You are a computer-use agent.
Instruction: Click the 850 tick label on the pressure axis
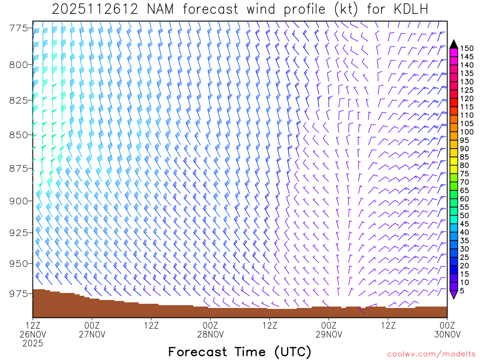pyautogui.click(x=18, y=135)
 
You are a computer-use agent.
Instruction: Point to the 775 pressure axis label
pyautogui.click(x=18, y=28)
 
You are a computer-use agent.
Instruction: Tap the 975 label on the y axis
pyautogui.click(x=18, y=293)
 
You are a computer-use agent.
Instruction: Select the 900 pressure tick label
pyautogui.click(x=18, y=201)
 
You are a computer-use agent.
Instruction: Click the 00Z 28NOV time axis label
pyautogui.click(x=210, y=329)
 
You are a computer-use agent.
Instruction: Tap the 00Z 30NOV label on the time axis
pyautogui.click(x=447, y=329)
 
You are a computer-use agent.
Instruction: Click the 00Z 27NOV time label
pyautogui.click(x=92, y=329)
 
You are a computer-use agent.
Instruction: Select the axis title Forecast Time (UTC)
pyautogui.click(x=240, y=352)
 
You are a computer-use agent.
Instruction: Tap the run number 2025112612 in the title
pyautogui.click(x=95, y=9)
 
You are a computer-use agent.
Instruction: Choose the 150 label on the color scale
pyautogui.click(x=466, y=48)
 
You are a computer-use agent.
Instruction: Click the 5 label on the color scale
pyautogui.click(x=462, y=291)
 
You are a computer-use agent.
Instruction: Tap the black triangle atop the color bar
pyautogui.click(x=453, y=44)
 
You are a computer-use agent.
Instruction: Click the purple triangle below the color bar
pyautogui.click(x=453, y=295)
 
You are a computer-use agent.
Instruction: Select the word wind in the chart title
pyautogui.click(x=270, y=9)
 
